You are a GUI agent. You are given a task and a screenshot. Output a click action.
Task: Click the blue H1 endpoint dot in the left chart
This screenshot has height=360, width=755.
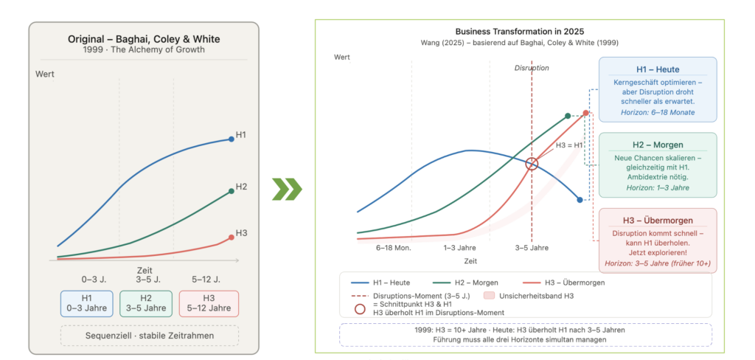(x=231, y=139)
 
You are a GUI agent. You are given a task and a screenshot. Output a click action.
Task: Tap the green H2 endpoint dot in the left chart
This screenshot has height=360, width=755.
(x=231, y=191)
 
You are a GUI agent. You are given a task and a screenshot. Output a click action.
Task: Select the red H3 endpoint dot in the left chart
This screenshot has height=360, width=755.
(x=231, y=237)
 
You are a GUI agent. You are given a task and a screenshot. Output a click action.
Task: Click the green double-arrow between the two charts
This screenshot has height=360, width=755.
(x=287, y=189)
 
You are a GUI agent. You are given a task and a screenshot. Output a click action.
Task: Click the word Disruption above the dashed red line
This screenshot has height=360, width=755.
(x=532, y=68)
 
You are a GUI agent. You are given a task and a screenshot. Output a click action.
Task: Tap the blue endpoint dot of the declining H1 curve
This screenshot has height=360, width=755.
(x=580, y=199)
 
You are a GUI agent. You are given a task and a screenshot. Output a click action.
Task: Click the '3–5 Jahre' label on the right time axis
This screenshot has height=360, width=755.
(x=532, y=248)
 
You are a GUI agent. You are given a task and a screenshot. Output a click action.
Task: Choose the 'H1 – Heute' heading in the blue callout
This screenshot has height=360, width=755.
(x=658, y=69)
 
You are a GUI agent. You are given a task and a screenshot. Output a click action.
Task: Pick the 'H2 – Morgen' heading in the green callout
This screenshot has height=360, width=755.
(x=658, y=145)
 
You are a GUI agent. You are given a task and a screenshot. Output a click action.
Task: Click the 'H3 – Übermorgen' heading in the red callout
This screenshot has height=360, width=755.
(x=658, y=221)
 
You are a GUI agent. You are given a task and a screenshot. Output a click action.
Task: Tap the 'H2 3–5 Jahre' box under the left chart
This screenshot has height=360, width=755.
(x=145, y=303)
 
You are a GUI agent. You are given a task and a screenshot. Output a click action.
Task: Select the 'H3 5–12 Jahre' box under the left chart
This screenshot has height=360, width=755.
(x=209, y=303)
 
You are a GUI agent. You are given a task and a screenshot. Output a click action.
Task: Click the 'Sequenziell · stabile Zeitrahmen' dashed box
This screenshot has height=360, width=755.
(x=149, y=336)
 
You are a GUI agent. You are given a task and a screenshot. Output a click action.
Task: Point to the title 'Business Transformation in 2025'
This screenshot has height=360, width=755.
(x=520, y=32)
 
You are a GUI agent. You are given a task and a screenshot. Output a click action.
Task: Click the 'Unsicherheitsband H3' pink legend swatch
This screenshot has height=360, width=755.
(x=488, y=296)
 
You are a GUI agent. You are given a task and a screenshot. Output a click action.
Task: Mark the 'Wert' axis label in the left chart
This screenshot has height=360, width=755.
(x=45, y=75)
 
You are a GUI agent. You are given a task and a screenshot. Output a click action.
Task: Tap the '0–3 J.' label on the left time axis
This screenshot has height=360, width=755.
(x=94, y=279)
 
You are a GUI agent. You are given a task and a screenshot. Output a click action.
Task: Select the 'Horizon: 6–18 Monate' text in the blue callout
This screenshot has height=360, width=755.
(x=658, y=112)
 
